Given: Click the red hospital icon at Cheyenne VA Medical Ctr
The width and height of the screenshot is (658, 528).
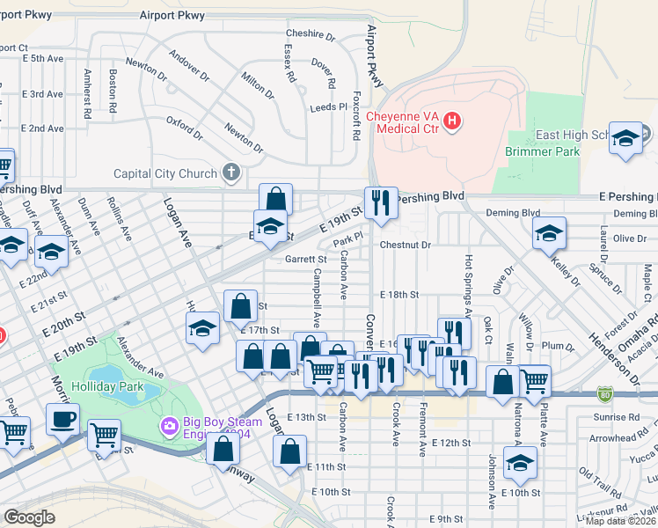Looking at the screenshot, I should click(452, 121).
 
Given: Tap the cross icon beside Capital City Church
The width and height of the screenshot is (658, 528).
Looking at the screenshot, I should click(230, 172).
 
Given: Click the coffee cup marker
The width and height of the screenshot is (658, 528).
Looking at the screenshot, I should click(62, 419).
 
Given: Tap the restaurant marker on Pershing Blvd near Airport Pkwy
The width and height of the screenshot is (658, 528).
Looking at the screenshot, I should click(381, 202).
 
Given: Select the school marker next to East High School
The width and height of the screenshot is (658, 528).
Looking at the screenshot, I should click(625, 139).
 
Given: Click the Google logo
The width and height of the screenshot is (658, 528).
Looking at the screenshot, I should click(29, 517).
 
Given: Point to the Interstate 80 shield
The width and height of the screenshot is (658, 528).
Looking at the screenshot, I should click(604, 393).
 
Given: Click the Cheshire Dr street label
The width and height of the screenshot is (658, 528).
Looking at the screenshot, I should click(311, 37).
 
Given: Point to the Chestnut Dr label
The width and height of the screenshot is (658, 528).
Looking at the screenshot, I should click(406, 246).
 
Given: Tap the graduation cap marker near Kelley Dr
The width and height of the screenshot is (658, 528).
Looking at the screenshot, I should click(549, 232).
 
